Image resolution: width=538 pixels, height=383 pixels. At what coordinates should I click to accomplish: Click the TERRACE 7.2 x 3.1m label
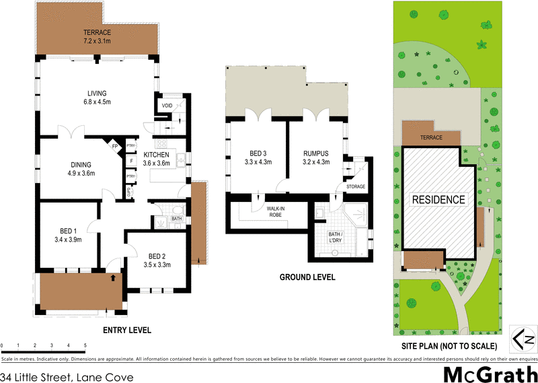(97, 37)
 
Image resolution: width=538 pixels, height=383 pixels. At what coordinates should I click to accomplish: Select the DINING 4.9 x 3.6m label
(81, 169)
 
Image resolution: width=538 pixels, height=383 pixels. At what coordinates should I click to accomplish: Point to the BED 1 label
(68, 234)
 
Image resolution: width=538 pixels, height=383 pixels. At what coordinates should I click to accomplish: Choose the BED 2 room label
(157, 260)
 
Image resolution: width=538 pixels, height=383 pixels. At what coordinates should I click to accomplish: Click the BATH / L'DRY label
(334, 237)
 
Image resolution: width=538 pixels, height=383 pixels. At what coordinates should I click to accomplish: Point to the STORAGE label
(355, 186)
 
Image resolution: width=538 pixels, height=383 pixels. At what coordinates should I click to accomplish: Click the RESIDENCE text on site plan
(438, 200)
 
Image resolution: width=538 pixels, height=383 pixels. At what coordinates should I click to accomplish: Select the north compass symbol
(524, 337)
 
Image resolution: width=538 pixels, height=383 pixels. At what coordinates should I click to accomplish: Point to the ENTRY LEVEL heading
(126, 330)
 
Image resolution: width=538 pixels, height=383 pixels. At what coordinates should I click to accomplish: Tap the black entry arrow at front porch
(113, 277)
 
